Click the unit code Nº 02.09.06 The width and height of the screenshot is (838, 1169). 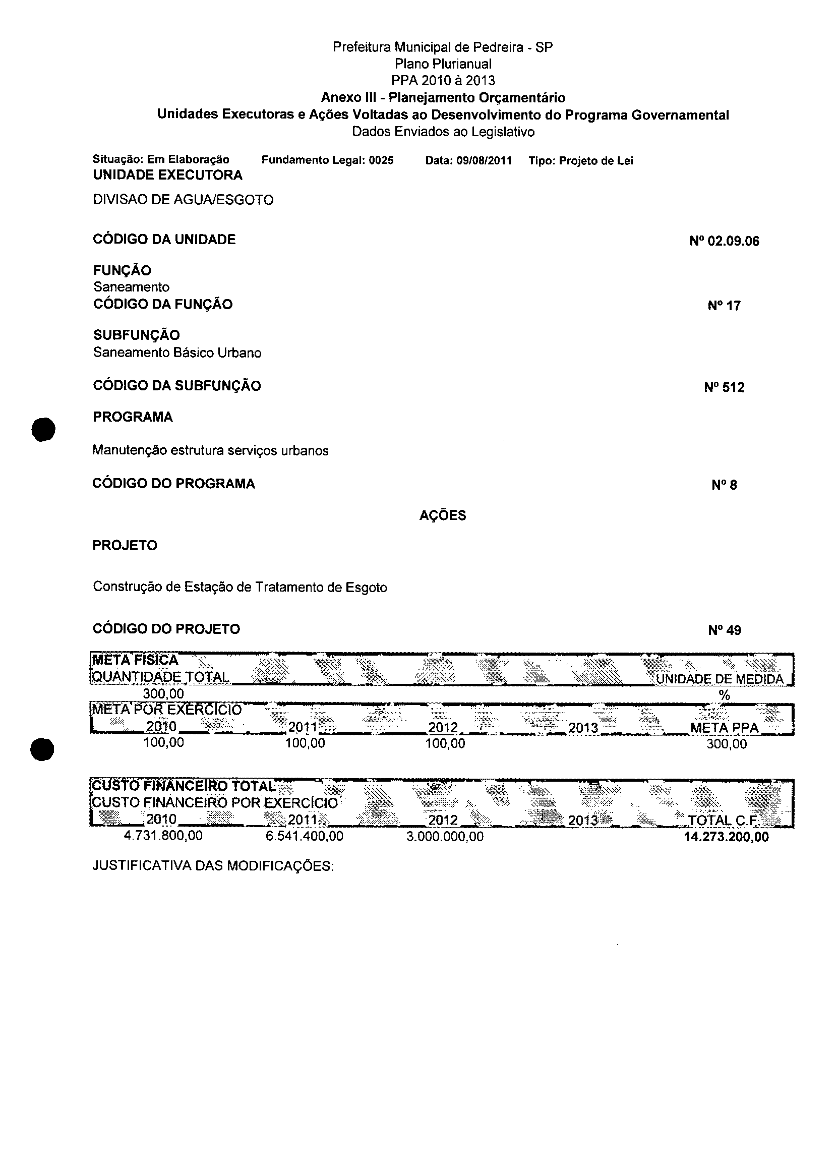pyautogui.click(x=724, y=241)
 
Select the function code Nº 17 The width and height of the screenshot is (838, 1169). pyautogui.click(x=724, y=306)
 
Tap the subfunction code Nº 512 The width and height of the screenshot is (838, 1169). pyautogui.click(x=724, y=387)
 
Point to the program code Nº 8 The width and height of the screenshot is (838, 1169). pyautogui.click(x=724, y=485)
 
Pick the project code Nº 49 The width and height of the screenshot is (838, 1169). pyautogui.click(x=724, y=630)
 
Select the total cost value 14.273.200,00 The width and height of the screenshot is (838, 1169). pyautogui.click(x=726, y=837)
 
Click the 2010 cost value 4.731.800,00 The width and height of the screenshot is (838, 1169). pyautogui.click(x=163, y=836)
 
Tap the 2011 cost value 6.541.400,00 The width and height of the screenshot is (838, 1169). pyautogui.click(x=304, y=836)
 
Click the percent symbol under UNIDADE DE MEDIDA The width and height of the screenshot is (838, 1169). pyautogui.click(x=724, y=695)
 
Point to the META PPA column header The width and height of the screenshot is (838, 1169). pyautogui.click(x=724, y=728)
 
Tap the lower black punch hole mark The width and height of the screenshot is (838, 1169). pyautogui.click(x=42, y=748)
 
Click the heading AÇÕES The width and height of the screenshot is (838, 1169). pyautogui.click(x=442, y=515)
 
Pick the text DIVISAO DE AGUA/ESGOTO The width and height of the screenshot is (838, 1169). pyautogui.click(x=183, y=200)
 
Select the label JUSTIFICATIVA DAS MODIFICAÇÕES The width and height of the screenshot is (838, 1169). pyautogui.click(x=213, y=865)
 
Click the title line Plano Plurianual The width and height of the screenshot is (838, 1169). pyautogui.click(x=443, y=64)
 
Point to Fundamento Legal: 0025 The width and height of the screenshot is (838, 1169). pyautogui.click(x=327, y=160)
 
